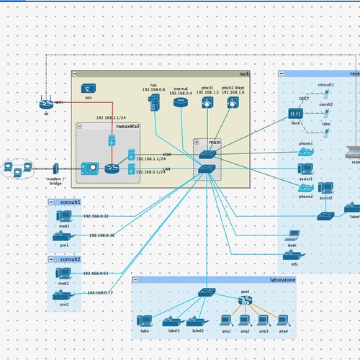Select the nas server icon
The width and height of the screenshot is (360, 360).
click(154, 105)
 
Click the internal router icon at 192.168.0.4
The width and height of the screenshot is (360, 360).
click(180, 104)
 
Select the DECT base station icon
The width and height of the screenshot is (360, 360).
click(295, 114)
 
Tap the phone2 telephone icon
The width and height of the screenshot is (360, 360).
click(305, 186)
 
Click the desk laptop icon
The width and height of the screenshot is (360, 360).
click(292, 235)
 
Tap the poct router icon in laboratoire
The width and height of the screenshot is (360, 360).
click(246, 302)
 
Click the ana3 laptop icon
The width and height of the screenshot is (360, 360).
click(264, 320)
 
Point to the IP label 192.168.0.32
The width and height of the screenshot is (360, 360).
click(96, 216)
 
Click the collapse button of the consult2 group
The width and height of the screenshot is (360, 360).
click(52, 258)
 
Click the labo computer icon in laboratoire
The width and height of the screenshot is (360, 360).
click(145, 320)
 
